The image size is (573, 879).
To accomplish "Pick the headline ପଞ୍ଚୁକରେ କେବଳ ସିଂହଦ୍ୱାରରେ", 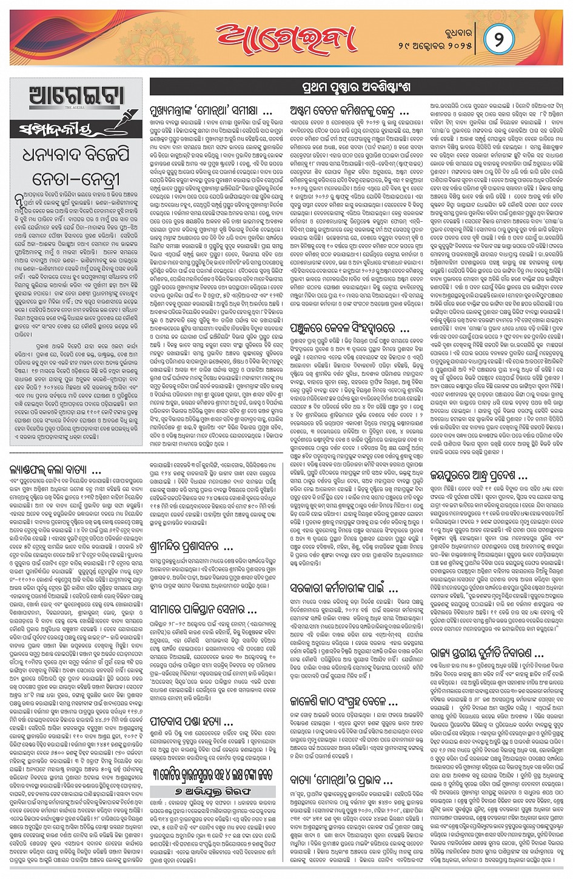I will pos(342,329).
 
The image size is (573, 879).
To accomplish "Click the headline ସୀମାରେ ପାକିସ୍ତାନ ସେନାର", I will pos(203,608).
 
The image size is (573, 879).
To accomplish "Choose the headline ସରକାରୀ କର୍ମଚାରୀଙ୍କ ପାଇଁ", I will pos(343,587).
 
